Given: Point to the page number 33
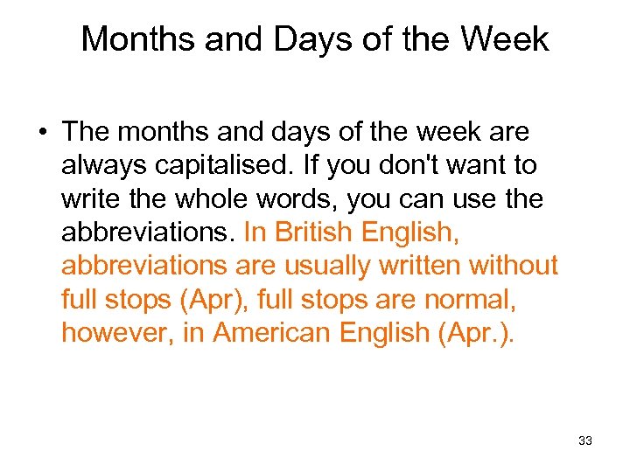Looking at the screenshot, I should coord(585,441).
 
